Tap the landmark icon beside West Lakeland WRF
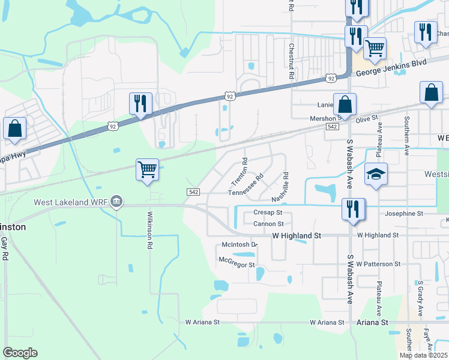coord(117,202)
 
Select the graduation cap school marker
coord(376,174)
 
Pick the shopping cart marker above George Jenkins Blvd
coord(375,48)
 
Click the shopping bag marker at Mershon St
coord(345,104)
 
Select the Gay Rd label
coord(4,248)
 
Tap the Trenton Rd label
coord(240,171)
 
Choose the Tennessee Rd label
coord(246,186)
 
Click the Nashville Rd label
coord(280,187)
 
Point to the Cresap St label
coord(268,212)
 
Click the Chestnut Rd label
coord(291,57)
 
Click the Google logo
coord(20,353)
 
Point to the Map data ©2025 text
coord(423,355)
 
